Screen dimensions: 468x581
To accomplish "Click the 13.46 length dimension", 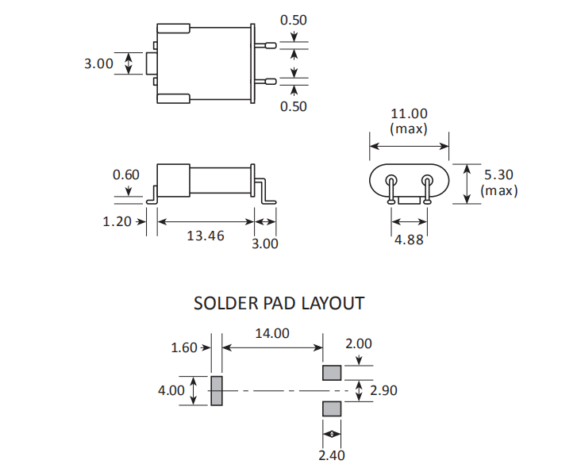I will point(206,236).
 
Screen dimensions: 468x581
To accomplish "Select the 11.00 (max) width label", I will point(409,121).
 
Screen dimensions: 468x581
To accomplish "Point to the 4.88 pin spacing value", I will point(409,239).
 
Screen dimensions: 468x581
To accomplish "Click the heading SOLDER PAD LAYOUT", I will point(279,303).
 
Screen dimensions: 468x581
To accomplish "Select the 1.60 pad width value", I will point(184,347).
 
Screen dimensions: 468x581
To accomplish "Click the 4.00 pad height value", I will point(171,390).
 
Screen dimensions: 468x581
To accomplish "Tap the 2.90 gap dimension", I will point(383,390).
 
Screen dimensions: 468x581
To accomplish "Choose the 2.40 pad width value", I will point(333,455).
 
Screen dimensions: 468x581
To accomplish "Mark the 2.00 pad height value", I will point(358,343).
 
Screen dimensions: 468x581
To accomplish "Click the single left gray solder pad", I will point(217,390).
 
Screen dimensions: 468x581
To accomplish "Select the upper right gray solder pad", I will point(332,372).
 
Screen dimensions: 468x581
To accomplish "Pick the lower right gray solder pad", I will point(332,408).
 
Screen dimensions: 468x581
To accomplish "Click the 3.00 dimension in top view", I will point(99,63).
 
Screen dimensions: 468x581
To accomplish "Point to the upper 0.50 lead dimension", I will point(294,21).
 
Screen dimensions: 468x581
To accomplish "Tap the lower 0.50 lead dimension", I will point(294,106).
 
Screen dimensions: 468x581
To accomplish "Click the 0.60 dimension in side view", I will point(125,175).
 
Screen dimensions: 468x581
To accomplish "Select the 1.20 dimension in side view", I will point(117,221).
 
